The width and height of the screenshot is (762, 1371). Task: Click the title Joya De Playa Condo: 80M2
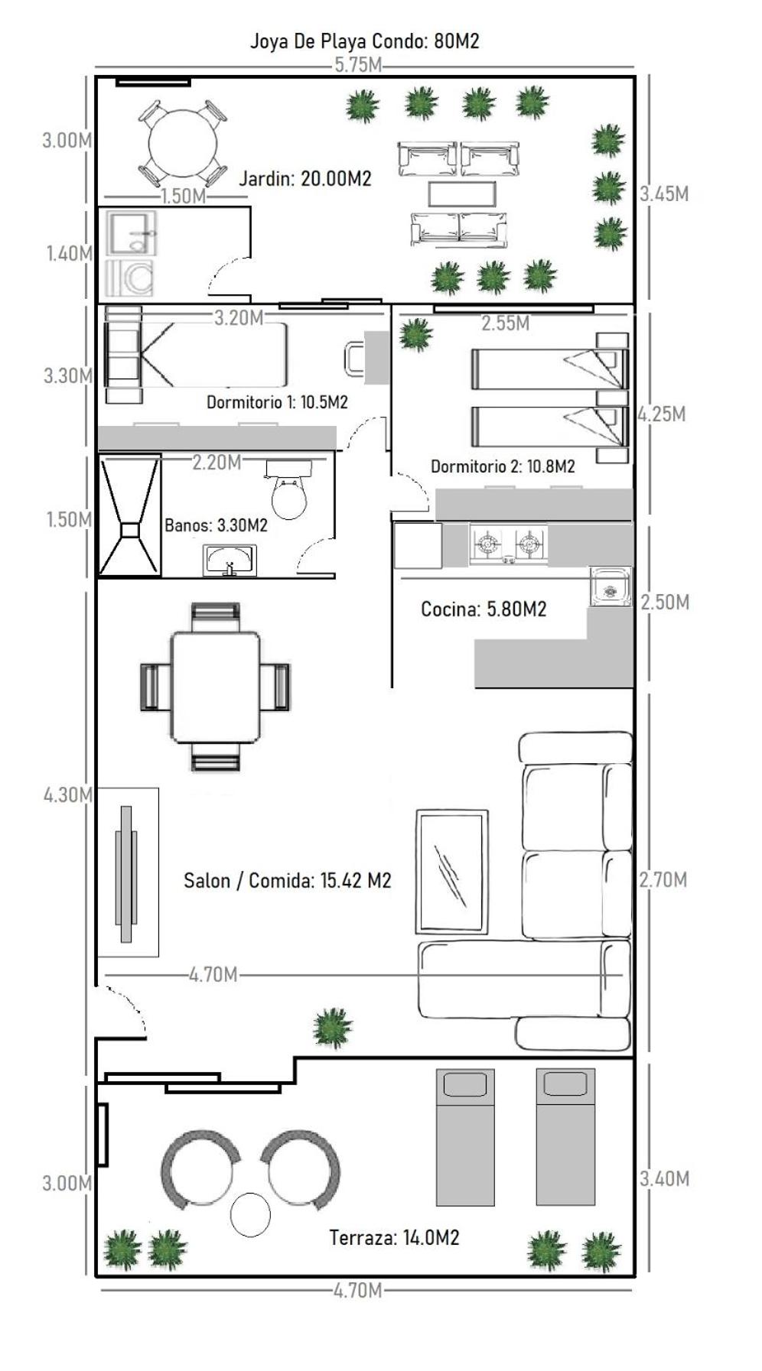pyautogui.click(x=364, y=41)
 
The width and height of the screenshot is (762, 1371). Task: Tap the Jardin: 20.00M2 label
pyautogui.click(x=305, y=179)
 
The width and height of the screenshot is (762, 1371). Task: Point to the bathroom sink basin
pyautogui.click(x=230, y=560)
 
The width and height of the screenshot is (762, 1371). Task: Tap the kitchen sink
pyautogui.click(x=610, y=586)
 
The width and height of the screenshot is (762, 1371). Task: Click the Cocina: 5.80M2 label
pyautogui.click(x=484, y=609)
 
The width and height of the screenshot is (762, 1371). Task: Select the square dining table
pyautogui.click(x=215, y=687)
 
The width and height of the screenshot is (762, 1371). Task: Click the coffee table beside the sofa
pyautogui.click(x=452, y=872)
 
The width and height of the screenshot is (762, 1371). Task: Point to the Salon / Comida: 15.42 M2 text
pyautogui.click(x=287, y=881)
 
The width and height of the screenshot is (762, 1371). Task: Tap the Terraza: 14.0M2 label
pyautogui.click(x=394, y=1237)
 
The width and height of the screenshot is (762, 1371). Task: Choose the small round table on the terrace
pyautogui.click(x=250, y=1215)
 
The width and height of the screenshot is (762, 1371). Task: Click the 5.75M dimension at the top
pyautogui.click(x=357, y=65)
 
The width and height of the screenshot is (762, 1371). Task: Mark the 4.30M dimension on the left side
pyautogui.click(x=67, y=795)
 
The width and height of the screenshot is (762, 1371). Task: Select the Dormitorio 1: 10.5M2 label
pyautogui.click(x=277, y=402)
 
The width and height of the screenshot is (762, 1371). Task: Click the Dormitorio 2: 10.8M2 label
pyautogui.click(x=503, y=466)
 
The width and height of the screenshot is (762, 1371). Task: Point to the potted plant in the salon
pyautogui.click(x=332, y=1027)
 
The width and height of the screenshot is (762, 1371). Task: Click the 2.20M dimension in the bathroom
pyautogui.click(x=217, y=463)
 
